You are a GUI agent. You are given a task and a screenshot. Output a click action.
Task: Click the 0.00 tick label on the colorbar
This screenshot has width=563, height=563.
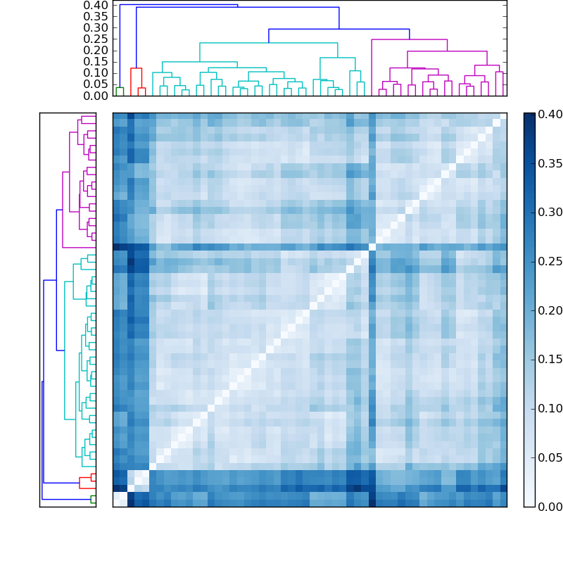550,507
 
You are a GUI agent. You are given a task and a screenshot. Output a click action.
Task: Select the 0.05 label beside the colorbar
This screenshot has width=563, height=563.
550,457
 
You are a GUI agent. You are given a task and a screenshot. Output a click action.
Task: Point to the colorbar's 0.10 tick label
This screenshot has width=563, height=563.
550,408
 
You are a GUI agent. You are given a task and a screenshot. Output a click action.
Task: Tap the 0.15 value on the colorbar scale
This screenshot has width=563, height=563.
550,359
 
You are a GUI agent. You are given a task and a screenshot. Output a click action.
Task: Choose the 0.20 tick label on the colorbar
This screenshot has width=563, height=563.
550,310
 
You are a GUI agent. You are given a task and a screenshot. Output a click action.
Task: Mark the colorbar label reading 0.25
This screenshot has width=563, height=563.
550,261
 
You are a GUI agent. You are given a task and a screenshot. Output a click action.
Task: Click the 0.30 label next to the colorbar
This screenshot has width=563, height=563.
550,212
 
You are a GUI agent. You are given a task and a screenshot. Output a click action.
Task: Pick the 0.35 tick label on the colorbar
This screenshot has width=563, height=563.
550,163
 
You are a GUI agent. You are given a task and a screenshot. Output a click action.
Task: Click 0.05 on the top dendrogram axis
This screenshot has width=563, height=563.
94,84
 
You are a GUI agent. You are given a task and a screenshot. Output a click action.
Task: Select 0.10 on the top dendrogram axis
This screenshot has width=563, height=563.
94,73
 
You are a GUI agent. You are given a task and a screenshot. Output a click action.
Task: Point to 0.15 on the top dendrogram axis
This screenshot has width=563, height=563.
94,62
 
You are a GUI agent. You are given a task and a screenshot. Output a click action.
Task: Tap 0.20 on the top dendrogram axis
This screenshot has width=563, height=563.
94,51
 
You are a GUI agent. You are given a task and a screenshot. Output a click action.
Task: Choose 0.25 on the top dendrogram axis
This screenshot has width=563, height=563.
94,39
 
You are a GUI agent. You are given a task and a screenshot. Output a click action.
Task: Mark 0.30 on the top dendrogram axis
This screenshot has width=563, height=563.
94,28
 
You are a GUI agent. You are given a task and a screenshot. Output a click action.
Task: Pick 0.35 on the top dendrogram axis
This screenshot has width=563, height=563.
94,17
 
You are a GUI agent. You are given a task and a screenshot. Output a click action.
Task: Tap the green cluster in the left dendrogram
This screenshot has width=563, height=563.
93,499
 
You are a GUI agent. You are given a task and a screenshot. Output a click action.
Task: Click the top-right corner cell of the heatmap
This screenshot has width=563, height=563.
502,116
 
